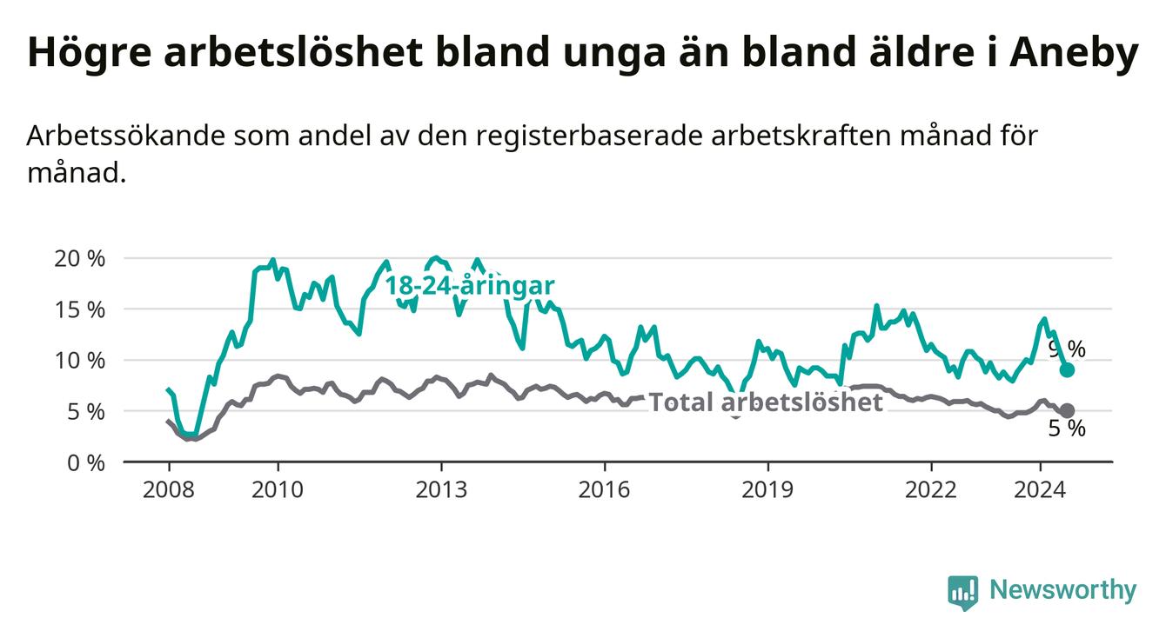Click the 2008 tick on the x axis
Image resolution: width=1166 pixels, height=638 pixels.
click(168, 489)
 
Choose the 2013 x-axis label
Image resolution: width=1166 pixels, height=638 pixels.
click(441, 489)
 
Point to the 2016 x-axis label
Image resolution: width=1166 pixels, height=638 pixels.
click(605, 489)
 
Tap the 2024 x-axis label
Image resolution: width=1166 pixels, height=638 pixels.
click(1041, 489)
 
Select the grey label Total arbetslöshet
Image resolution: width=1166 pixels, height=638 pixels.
click(766, 402)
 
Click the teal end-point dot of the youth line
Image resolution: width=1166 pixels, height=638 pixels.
click(1068, 370)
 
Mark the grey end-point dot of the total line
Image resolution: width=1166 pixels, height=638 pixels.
click(1068, 410)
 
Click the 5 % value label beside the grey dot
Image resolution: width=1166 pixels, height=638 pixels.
click(1067, 429)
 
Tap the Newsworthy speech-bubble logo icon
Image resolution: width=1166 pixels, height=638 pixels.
click(962, 593)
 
